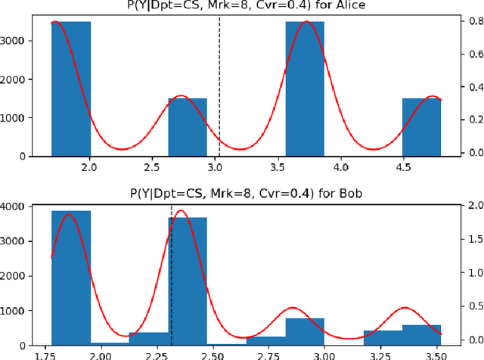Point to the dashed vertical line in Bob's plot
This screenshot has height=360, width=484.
tap(172, 272)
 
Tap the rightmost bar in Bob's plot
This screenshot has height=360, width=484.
tap(421, 332)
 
